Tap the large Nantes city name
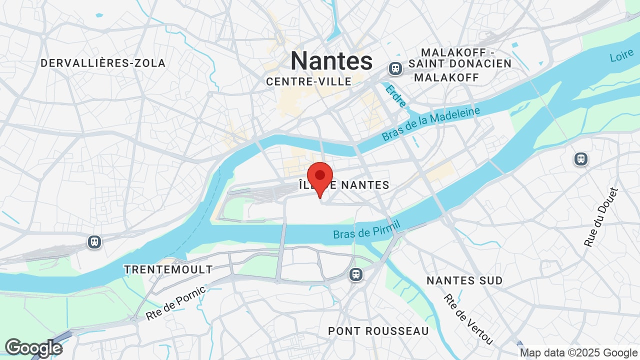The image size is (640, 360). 331,60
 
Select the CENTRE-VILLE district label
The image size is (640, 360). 308,81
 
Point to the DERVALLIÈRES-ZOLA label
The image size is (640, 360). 103,63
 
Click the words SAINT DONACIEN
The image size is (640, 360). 460,64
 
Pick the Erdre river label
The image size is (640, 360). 395,95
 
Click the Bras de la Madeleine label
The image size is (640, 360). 430,123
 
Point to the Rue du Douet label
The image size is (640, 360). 601,217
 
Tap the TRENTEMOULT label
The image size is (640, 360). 168,269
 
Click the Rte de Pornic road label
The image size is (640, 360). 175,303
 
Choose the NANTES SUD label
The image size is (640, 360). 464,280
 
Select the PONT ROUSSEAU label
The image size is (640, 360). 378,331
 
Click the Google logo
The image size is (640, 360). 33,348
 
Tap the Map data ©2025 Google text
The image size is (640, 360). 578,353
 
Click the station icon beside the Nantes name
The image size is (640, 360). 395,68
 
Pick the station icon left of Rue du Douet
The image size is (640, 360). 580,159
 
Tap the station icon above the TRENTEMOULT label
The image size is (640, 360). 94,242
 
